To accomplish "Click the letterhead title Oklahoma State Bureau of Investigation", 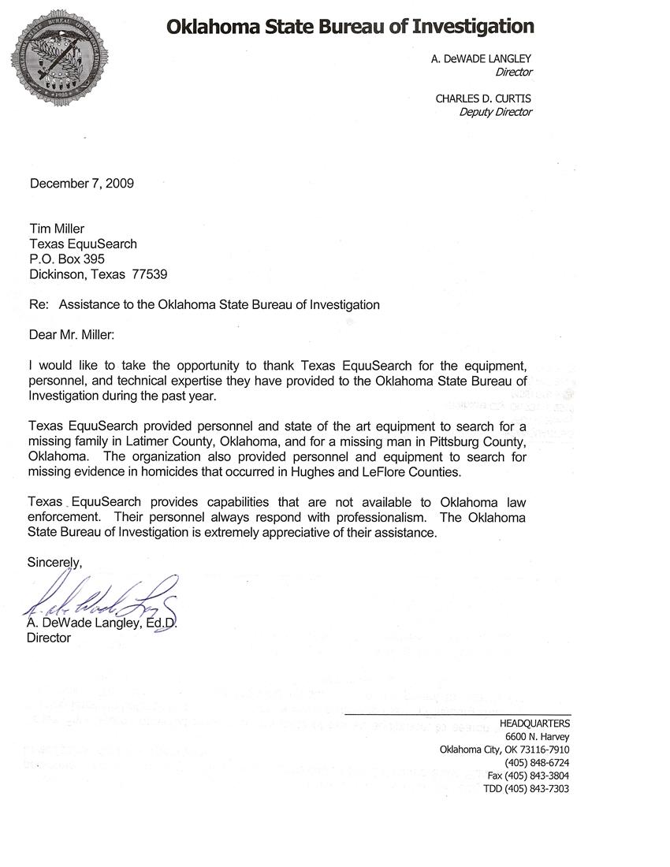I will click(x=350, y=27).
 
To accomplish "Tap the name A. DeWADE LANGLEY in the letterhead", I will click(x=482, y=58).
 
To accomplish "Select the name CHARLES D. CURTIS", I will click(x=483, y=99).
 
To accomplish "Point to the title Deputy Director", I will click(x=495, y=112).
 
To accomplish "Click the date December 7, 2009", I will click(x=82, y=184).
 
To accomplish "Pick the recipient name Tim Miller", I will click(x=57, y=229).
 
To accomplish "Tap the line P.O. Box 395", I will click(x=67, y=259).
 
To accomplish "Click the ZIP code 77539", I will click(x=151, y=274).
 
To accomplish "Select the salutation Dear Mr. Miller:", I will click(x=72, y=335).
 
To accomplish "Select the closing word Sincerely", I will click(x=54, y=562).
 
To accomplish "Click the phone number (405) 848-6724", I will click(x=537, y=763).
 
